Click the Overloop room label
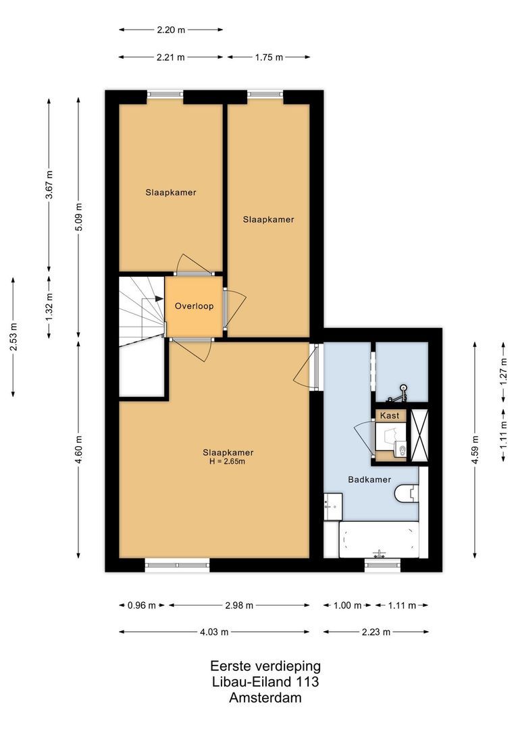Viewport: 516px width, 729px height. coord(194,306)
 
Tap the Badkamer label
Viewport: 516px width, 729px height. coord(369,480)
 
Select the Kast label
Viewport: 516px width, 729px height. coord(390,416)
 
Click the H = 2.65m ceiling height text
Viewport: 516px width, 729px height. coord(228,462)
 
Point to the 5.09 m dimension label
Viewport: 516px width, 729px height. coord(79,217)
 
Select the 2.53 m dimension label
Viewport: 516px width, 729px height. coord(14,336)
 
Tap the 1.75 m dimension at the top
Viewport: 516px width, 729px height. coord(269,57)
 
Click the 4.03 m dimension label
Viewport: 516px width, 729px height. coord(215,632)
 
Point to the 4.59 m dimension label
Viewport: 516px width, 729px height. coord(475,447)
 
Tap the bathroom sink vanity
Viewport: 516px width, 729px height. coord(333,507)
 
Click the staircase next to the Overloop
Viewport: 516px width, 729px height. coord(142,310)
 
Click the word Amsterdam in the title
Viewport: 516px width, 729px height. coord(265,698)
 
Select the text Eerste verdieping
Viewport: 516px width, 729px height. coord(265,666)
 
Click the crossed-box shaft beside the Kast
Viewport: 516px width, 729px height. coord(419,435)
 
